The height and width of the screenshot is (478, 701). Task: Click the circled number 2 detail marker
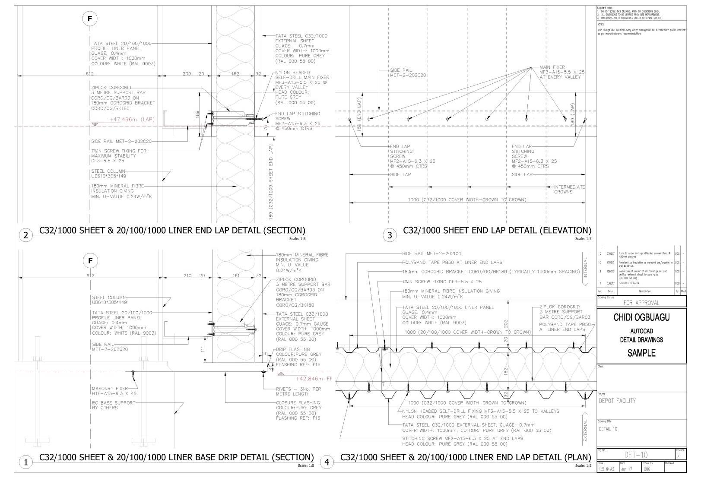tap(26, 235)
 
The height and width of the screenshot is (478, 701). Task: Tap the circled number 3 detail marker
tap(390, 235)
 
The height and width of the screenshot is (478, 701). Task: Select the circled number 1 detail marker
tap(26, 462)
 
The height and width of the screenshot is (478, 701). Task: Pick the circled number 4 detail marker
tap(327, 462)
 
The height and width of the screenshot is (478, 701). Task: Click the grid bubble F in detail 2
tap(90, 19)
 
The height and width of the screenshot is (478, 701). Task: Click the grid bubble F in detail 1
tap(90, 261)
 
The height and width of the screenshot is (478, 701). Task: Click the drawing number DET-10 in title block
tap(636, 455)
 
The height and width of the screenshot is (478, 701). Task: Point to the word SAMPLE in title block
tap(641, 353)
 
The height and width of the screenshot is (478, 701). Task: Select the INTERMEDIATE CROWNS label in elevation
tap(569, 190)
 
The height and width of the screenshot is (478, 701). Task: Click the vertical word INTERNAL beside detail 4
tap(586, 272)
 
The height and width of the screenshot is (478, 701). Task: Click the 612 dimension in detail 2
tap(89, 74)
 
